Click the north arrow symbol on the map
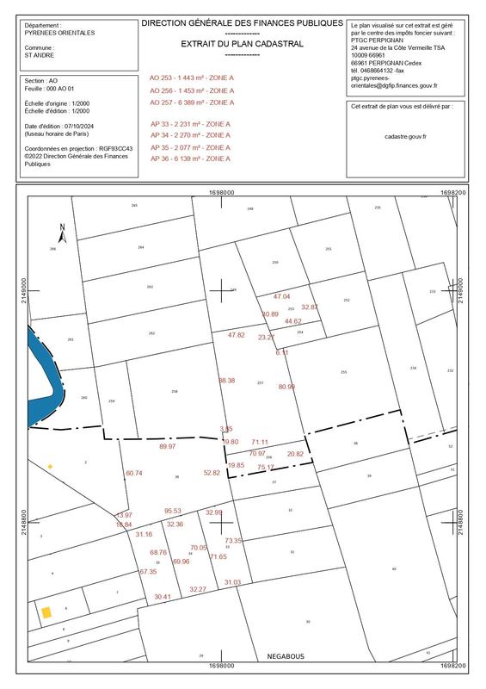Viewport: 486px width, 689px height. coord(62,231)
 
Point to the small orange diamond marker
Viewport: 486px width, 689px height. coord(50,467)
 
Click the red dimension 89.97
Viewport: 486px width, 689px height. coord(168,447)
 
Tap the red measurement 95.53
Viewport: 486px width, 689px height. coord(173,511)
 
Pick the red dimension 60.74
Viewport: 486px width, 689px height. coord(134,473)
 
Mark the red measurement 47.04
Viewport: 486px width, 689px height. coord(281,296)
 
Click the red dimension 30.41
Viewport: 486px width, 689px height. coord(163,597)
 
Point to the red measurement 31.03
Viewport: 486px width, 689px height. coord(232,583)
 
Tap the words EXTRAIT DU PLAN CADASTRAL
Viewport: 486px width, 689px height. coord(242,42)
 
